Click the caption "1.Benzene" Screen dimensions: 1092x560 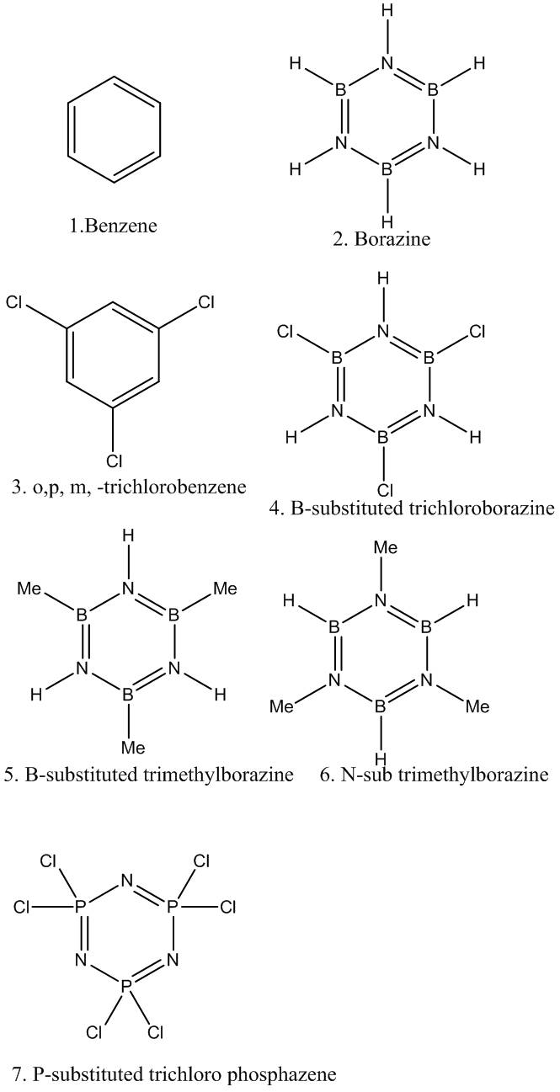114,226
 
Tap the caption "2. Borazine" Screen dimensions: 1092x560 382,239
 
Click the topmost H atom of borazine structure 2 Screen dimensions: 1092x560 387,12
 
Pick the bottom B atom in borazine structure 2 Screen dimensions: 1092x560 387,168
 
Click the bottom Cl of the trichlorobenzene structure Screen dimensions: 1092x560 114,460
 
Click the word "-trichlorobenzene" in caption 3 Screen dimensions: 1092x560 189,486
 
